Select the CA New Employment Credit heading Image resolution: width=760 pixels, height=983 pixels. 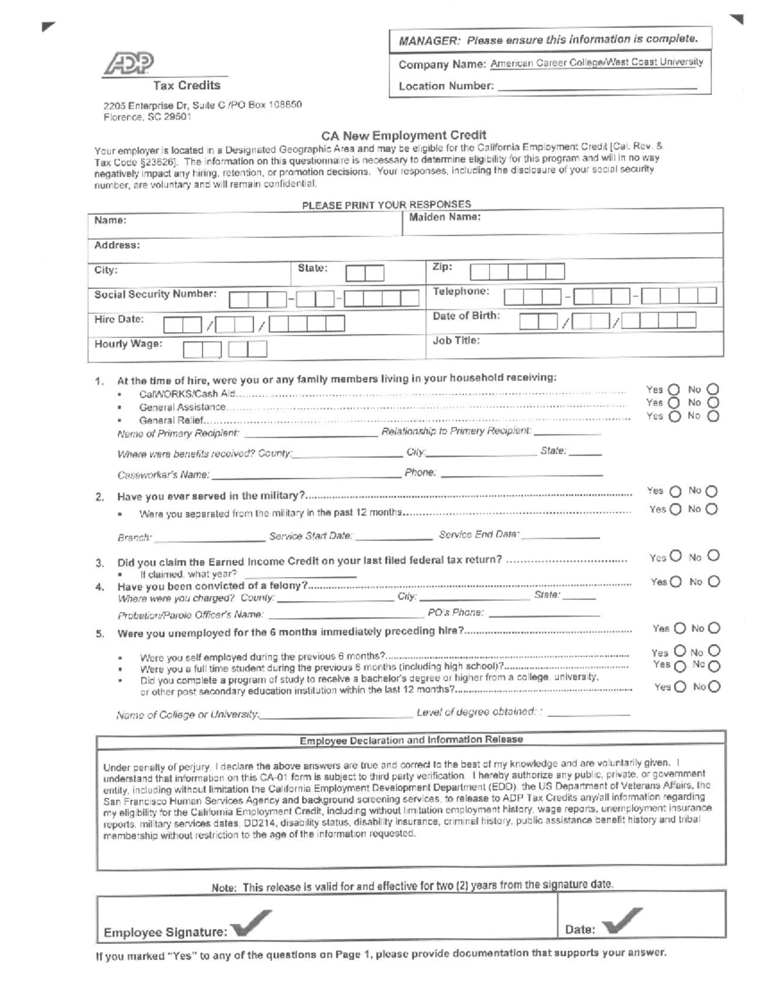click(403, 135)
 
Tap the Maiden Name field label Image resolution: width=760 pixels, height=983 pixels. click(445, 217)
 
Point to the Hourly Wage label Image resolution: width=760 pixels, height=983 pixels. click(128, 344)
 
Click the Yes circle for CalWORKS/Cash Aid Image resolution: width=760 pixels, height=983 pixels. click(674, 390)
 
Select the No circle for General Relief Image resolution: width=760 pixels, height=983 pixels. click(714, 416)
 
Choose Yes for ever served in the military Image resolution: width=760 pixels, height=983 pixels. click(675, 491)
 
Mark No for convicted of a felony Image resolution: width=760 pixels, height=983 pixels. click(714, 582)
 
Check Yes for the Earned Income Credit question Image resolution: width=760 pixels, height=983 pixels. click(676, 556)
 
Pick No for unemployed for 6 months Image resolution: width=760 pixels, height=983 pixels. click(714, 629)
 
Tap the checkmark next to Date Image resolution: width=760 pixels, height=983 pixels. click(621, 921)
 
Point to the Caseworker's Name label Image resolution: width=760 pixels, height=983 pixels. click(163, 475)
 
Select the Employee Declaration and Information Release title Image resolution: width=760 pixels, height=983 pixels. click(411, 739)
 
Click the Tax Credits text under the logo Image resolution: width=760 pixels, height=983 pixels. click(186, 85)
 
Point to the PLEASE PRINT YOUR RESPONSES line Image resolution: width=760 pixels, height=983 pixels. click(386, 204)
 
